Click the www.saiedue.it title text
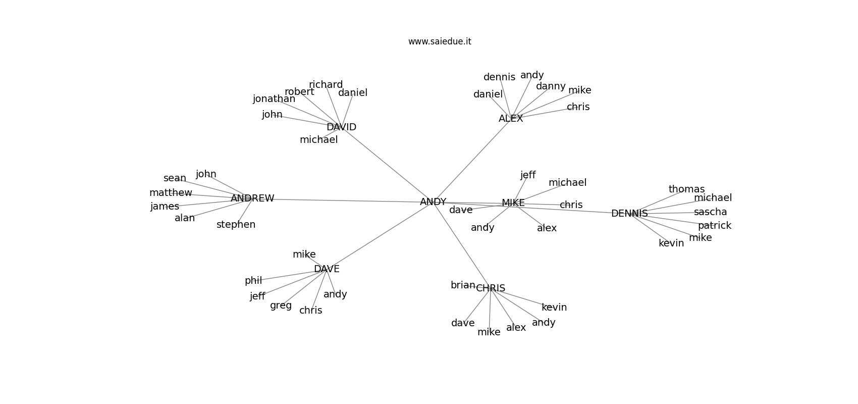point(440,41)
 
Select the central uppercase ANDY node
point(433,202)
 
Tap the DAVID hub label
point(341,127)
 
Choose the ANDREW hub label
point(252,198)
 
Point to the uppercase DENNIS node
point(629,214)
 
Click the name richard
point(326,85)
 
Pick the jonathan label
point(274,99)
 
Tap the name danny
point(551,86)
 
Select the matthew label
point(171,193)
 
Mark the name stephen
point(236,225)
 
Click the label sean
point(175,178)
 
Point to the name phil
point(253,281)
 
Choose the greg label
point(281,306)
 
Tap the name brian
point(463,285)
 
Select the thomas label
point(686,189)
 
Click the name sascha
point(710,212)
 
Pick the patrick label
point(715,226)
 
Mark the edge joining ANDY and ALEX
point(472,160)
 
